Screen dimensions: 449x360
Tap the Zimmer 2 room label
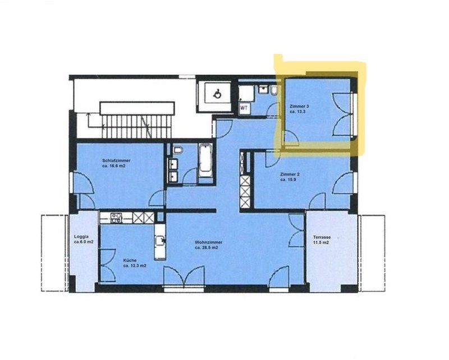pos(290,174)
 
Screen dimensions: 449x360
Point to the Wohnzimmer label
pos(208,242)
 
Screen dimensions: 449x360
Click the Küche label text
pos(130,260)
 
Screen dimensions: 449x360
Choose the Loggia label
pos(81,237)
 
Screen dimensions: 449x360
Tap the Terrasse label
pos(322,237)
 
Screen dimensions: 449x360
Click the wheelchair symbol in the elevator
pos(217,94)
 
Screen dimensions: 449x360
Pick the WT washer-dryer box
pos(244,108)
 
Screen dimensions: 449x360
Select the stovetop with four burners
pos(117,218)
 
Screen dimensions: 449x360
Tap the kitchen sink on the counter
pos(161,241)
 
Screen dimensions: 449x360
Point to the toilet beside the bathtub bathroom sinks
pos(178,150)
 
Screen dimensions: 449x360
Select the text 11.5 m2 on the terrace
pos(320,242)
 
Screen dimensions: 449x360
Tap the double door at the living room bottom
pos(184,275)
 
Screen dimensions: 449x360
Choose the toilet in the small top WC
pos(274,91)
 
